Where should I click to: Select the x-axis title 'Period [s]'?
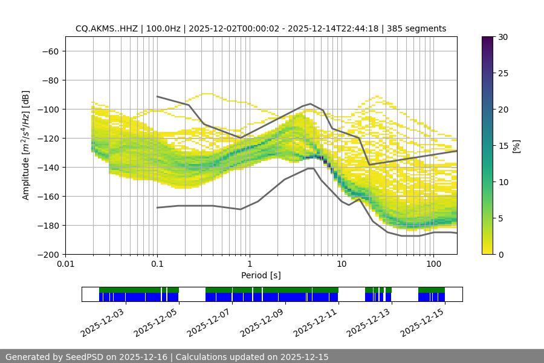point(261,276)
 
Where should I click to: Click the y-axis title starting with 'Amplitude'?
point(26,145)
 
